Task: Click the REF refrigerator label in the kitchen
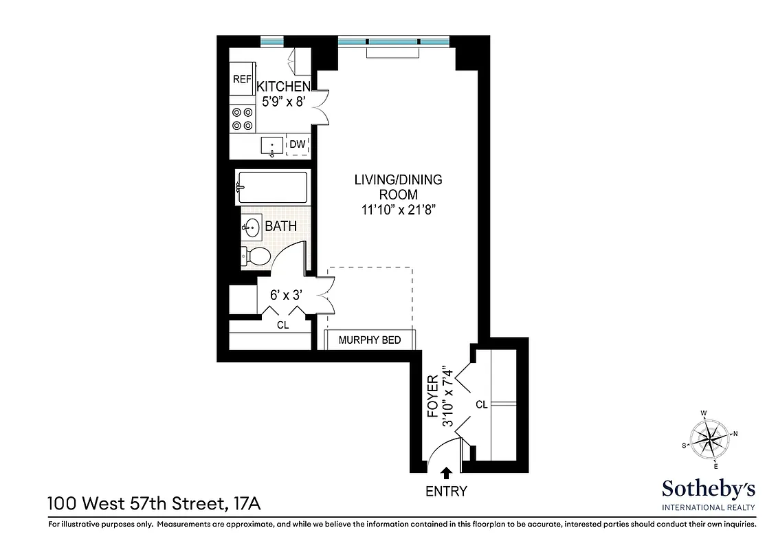[242, 79]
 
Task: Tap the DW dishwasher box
[297, 144]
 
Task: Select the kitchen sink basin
[272, 146]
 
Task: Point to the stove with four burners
[242, 119]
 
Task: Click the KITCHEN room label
[283, 87]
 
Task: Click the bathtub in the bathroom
[271, 187]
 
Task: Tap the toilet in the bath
[255, 256]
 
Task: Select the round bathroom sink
[251, 226]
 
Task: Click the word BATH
[281, 225]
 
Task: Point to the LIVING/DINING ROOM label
[398, 187]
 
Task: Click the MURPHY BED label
[370, 340]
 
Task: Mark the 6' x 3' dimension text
[287, 295]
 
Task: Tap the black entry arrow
[446, 472]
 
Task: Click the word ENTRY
[446, 491]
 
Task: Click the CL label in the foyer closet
[481, 405]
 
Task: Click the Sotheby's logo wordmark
[708, 489]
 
